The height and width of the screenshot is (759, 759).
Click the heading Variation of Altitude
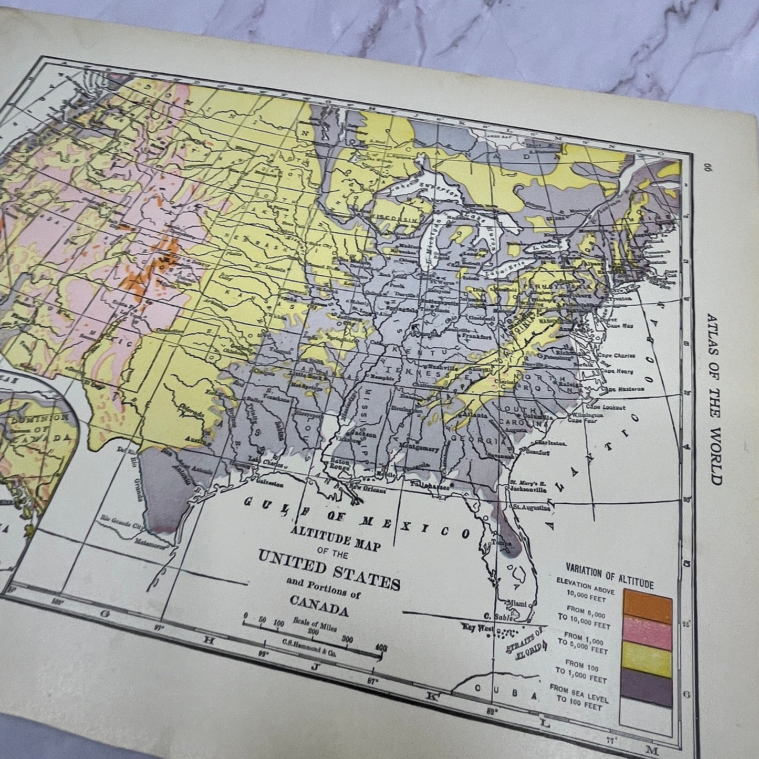609,574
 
